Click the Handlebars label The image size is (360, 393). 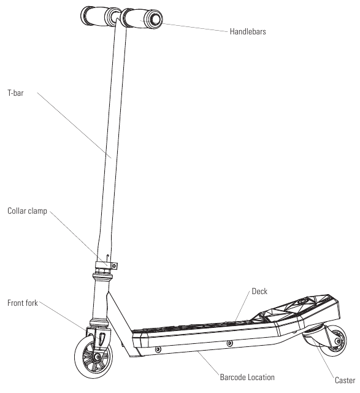coord(248,31)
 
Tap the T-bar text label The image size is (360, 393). coord(15,93)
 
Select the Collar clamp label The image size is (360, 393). coord(27,211)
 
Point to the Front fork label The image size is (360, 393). coord(23,303)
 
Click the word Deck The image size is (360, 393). coord(259,291)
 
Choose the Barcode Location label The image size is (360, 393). coord(247,377)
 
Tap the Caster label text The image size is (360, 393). coord(345,380)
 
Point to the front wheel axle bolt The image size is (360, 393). coord(98,357)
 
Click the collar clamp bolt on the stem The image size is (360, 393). coord(115,266)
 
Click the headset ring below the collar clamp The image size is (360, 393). coord(102,277)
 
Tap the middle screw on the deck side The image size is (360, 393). coord(229,344)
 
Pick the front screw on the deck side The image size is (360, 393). coord(158,349)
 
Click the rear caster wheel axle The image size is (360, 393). coord(338,341)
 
